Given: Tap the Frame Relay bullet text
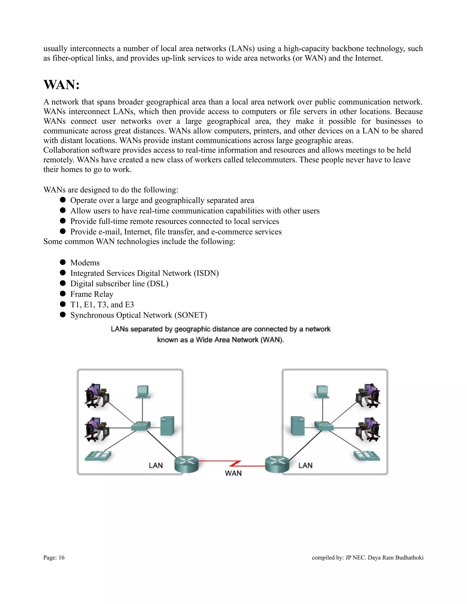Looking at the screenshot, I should (92, 294).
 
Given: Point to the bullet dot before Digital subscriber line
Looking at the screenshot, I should (63, 283).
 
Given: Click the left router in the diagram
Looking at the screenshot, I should (187, 464).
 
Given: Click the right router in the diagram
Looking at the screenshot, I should (277, 464).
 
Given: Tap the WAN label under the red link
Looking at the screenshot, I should (233, 473).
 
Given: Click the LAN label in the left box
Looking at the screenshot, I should (156, 465).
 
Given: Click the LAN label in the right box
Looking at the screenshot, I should (305, 465).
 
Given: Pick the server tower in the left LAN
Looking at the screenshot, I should (167, 426).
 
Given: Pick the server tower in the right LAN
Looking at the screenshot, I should (298, 426).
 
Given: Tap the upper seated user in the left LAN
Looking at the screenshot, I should (96, 395).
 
